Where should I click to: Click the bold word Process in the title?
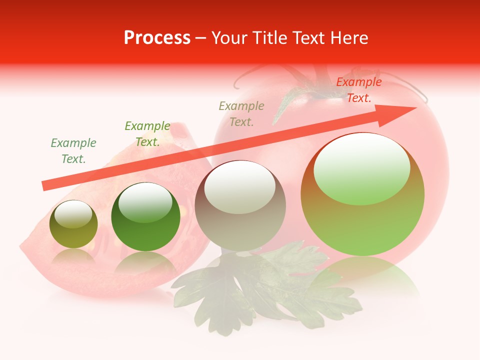[157, 38]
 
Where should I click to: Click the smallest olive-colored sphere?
[73, 224]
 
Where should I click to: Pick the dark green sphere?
[145, 217]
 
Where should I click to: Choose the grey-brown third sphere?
[240, 206]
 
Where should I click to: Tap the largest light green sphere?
[362, 195]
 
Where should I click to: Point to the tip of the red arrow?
[416, 108]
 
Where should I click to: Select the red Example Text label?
[358, 90]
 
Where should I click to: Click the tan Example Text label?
[241, 113]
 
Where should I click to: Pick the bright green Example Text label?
[147, 134]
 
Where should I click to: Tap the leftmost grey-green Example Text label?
[73, 151]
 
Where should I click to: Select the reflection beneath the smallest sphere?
[73, 257]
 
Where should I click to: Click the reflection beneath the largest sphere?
[362, 272]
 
